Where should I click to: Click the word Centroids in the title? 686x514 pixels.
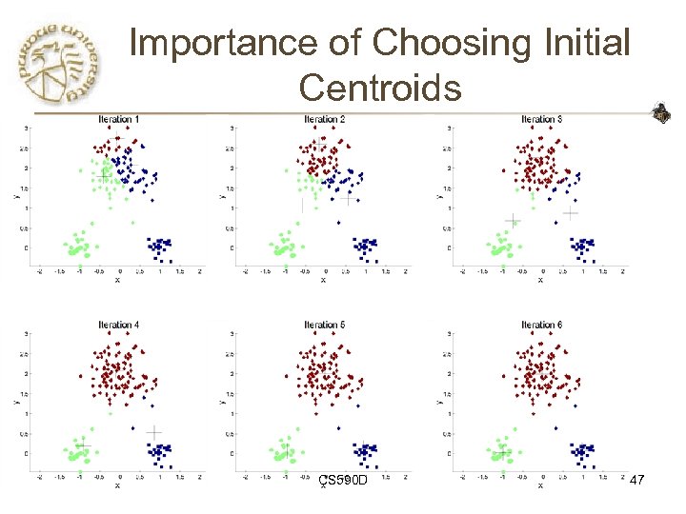(x=380, y=89)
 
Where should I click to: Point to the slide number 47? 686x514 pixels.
(x=637, y=482)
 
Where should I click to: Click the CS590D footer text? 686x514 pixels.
(x=343, y=482)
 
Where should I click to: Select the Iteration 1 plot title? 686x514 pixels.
(x=119, y=119)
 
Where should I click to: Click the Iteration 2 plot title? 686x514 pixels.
(x=324, y=119)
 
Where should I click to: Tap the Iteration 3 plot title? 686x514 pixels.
(x=541, y=119)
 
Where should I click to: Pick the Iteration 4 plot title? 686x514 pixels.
(x=119, y=326)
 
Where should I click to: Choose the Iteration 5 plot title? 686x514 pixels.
(x=324, y=326)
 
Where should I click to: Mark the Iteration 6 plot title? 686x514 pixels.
(x=541, y=326)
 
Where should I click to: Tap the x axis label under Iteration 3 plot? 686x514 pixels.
(x=540, y=280)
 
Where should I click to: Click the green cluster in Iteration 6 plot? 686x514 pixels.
(x=502, y=449)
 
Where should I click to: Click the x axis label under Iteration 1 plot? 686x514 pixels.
(x=117, y=280)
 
